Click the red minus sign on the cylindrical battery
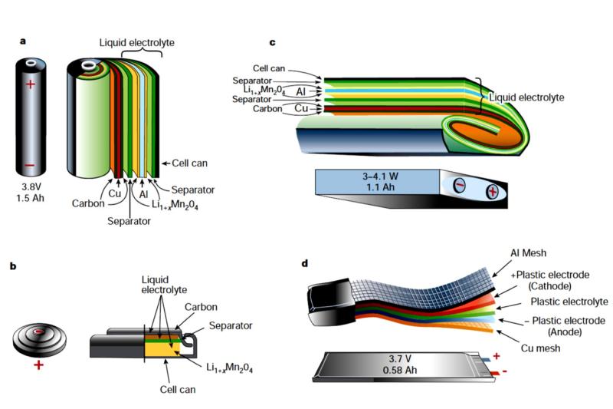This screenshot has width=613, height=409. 30,164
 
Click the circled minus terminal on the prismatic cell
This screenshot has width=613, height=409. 461,185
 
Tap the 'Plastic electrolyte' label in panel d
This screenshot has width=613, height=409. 551,302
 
